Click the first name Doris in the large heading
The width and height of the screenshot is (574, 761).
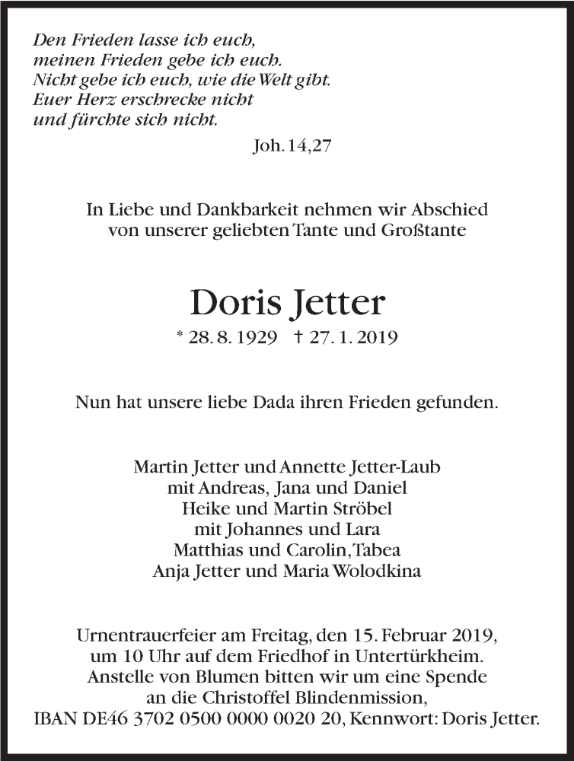click(x=232, y=303)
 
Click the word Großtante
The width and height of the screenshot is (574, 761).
click(x=428, y=231)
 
